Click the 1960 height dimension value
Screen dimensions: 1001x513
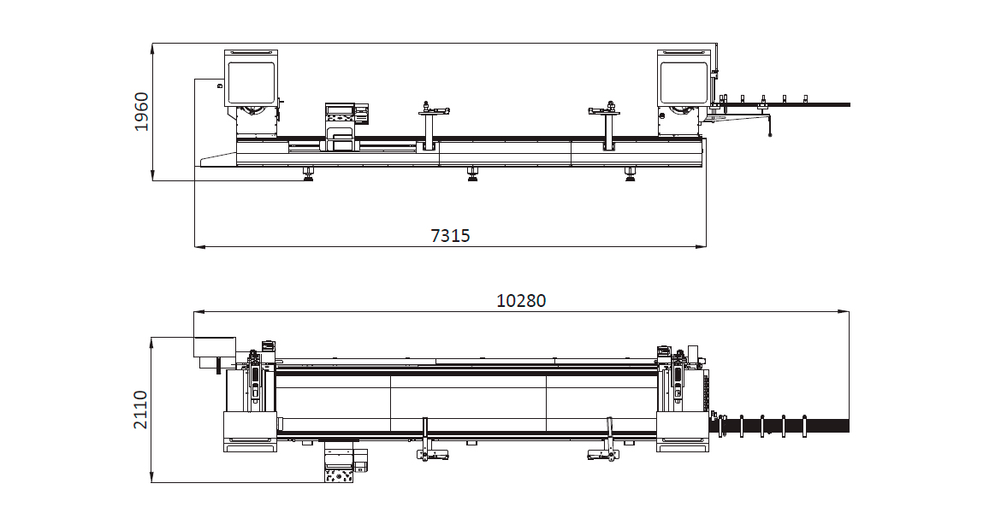pos(141,112)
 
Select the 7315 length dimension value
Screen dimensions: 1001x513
pos(450,235)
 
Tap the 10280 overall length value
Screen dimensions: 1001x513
pos(522,300)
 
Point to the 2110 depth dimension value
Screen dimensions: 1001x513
pos(140,410)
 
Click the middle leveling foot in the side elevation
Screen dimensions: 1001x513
pos(472,174)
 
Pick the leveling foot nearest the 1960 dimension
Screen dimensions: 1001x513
pos(309,174)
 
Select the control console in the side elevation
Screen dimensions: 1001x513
pos(341,127)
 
